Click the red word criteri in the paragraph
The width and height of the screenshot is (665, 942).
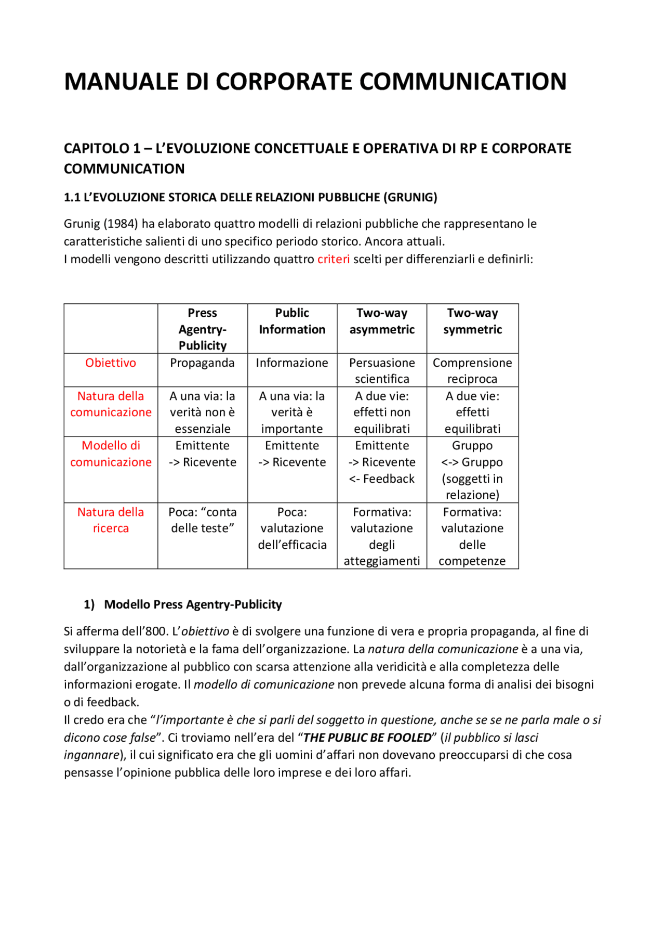pos(333,259)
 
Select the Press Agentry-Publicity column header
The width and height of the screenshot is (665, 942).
pos(203,329)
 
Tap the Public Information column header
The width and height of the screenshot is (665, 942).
pos(292,321)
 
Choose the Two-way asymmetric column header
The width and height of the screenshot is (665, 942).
pos(382,321)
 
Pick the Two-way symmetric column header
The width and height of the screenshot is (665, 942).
pos(472,321)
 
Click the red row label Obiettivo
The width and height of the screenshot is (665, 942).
pos(111,363)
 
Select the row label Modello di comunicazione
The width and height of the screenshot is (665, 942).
pos(111,454)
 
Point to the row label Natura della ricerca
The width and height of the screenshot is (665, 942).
pos(111,520)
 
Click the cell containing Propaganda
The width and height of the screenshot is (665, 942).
pos(202,363)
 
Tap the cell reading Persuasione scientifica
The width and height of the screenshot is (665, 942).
pos(382,370)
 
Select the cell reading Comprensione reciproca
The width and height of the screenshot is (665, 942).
pos(472,370)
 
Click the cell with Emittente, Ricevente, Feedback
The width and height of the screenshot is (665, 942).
pos(382,462)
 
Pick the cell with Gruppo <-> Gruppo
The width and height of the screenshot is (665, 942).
pos(472,470)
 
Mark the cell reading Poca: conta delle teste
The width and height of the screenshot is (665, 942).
pos(203,520)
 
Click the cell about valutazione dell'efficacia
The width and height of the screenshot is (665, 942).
pos(292,528)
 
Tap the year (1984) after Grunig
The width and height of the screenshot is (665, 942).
pos(121,224)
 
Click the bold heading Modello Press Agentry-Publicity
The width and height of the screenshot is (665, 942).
pos(193,604)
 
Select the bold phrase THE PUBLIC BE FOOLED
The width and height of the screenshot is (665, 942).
pos(367,738)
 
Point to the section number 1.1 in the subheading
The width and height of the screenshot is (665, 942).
pos(72,198)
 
